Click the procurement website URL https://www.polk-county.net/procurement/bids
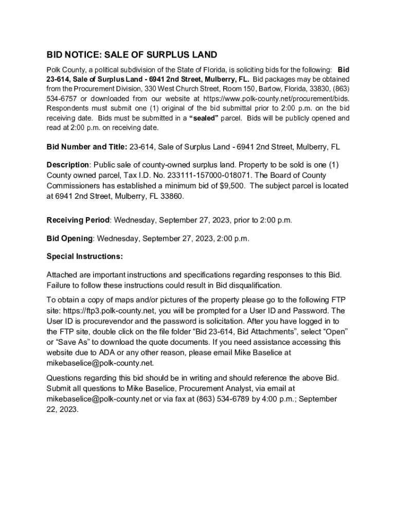click(x=277, y=99)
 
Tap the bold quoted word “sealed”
click(x=205, y=118)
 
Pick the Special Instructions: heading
click(x=85, y=256)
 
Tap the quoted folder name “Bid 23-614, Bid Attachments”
click(x=219, y=332)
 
